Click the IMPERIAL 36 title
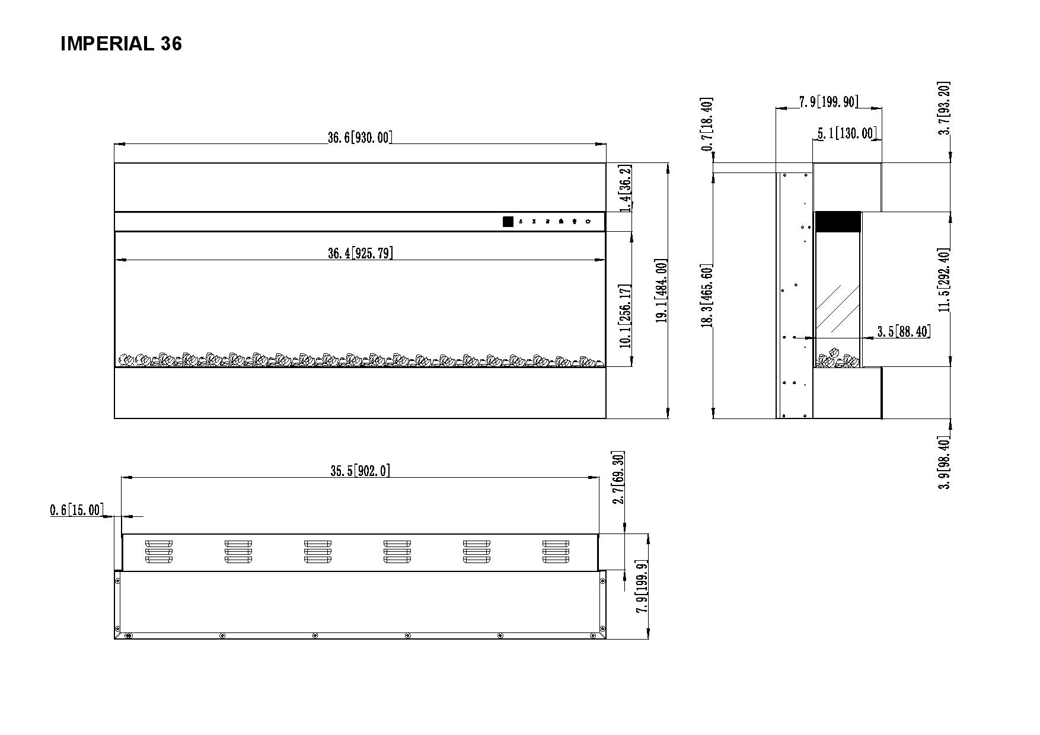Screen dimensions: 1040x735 pyautogui.click(x=121, y=43)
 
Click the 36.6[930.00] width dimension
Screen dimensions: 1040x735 pyautogui.click(x=360, y=138)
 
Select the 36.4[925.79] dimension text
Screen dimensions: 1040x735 pyautogui.click(x=360, y=253)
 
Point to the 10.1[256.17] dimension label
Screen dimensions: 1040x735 pyautogui.click(x=625, y=316)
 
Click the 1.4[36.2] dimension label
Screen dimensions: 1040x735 pyautogui.click(x=625, y=188)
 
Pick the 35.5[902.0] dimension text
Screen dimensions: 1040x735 pyautogui.click(x=360, y=471)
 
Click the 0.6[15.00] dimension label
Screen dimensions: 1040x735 pyautogui.click(x=76, y=510)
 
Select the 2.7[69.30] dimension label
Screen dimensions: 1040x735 pyautogui.click(x=618, y=478)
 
